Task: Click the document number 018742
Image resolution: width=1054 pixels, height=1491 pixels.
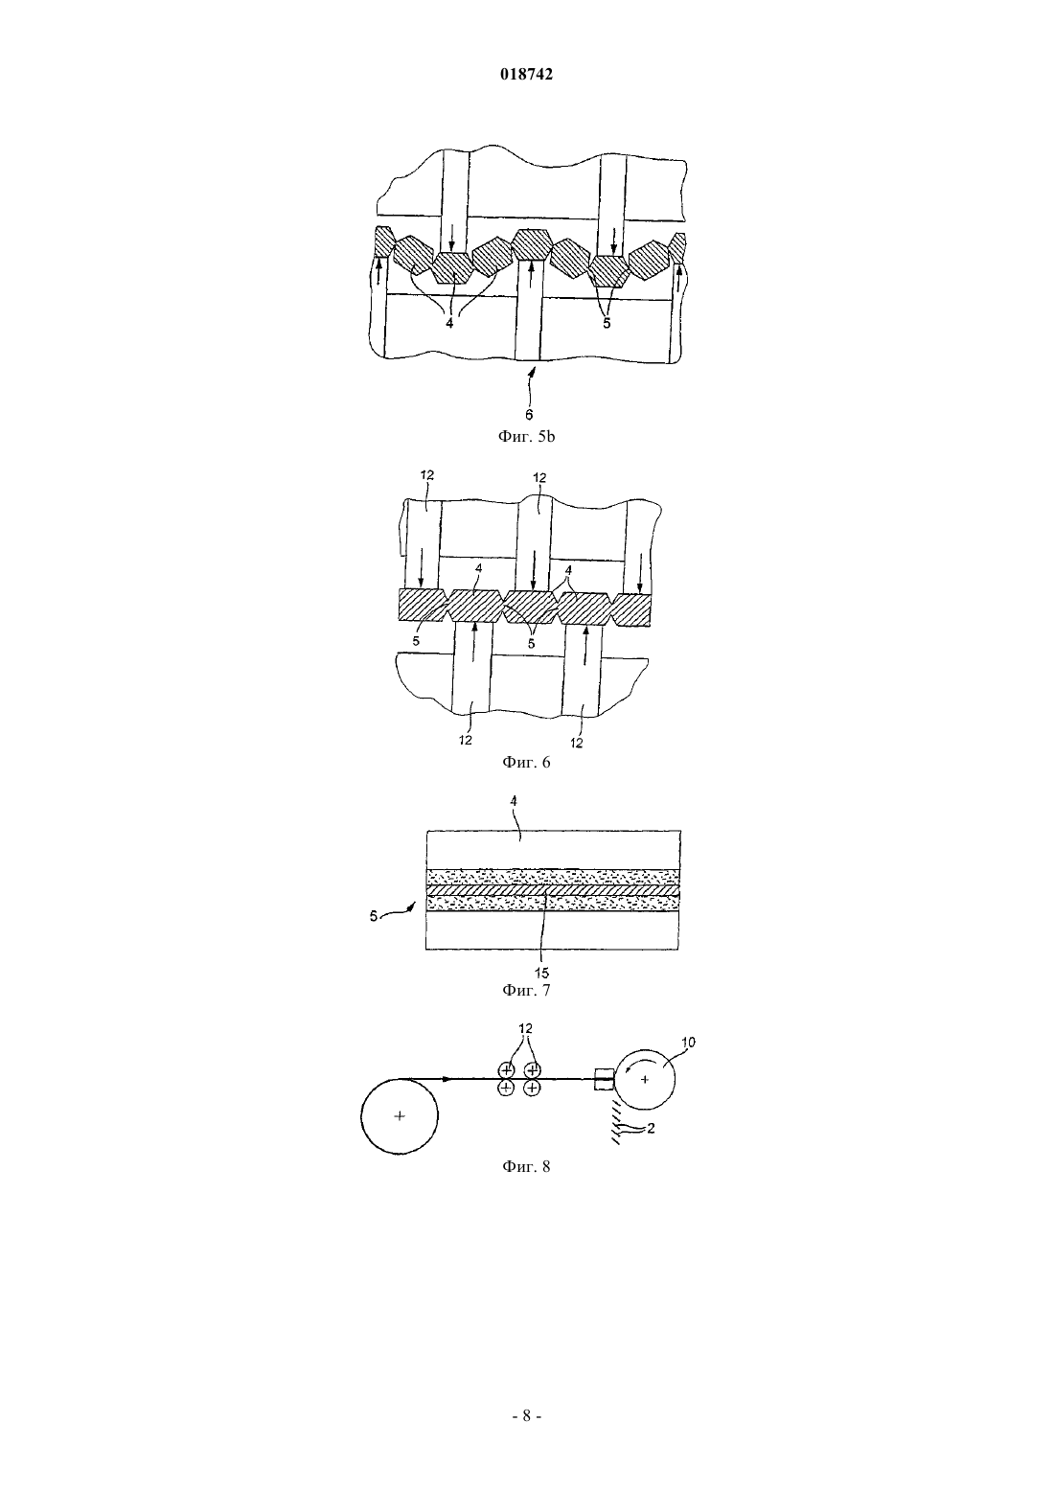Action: point(526,74)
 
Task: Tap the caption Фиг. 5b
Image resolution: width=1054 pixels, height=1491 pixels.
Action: point(526,437)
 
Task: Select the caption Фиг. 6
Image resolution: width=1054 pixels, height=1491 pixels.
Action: point(526,762)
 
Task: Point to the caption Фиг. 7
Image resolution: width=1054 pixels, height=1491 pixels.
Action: point(526,990)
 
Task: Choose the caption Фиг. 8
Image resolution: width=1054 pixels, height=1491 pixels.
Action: point(526,1184)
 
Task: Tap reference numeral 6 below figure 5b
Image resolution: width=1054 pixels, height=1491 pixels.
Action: point(529,415)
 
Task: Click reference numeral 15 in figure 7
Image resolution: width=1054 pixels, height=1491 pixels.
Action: point(541,974)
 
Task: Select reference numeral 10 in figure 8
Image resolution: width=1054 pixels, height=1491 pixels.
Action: point(688,1042)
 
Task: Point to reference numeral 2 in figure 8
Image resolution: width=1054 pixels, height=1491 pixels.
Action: point(651,1128)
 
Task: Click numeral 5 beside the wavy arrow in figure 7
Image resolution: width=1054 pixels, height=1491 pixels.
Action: point(374,917)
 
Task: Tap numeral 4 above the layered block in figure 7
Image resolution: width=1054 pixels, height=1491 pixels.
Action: point(513,801)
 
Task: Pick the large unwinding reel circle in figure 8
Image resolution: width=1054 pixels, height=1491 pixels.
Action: point(400,1116)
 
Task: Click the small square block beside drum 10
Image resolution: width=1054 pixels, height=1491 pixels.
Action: point(604,1079)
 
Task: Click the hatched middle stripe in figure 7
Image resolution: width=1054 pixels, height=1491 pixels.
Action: point(553,890)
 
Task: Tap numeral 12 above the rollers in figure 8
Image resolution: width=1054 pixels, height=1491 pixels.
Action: point(525,1028)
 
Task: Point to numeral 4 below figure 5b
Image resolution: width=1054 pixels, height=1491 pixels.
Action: point(449,323)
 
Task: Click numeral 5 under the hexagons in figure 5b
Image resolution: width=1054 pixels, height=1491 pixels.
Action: point(607,324)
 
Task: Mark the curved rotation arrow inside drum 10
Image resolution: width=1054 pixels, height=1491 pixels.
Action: point(633,1068)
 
